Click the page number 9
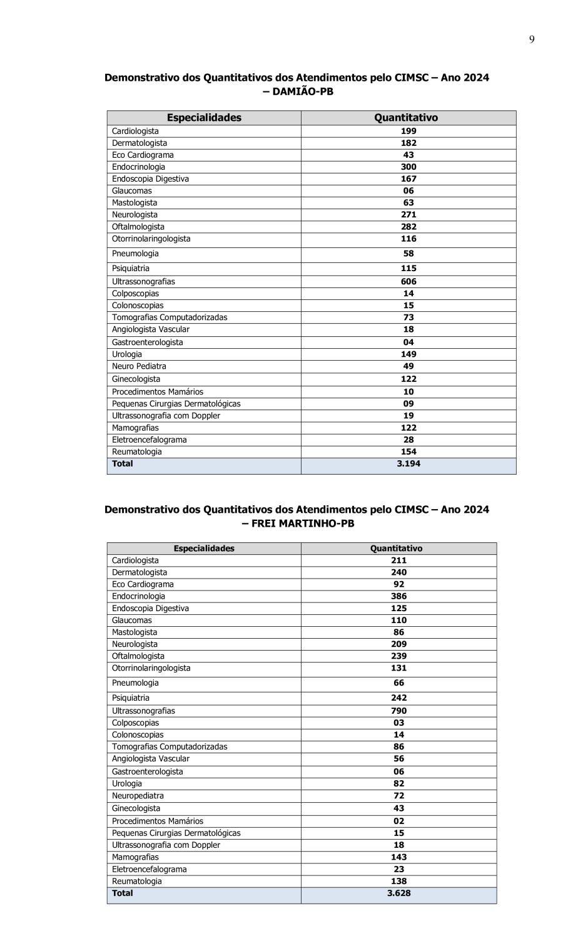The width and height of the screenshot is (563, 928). coord(532,39)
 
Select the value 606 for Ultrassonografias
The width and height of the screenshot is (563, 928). coord(408,282)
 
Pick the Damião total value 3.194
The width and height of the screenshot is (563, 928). coord(408,464)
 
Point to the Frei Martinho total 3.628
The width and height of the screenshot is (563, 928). coord(398,894)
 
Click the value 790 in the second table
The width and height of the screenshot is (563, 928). coord(398,711)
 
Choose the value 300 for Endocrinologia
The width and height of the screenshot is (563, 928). coord(408,167)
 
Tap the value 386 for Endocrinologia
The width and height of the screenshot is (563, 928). coord(398,597)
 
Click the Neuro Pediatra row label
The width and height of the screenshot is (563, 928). coord(139,366)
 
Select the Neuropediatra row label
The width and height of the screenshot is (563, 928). coord(138,796)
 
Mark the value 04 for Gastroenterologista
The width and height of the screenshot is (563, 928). coord(408,343)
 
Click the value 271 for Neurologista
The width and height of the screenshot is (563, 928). coord(408,215)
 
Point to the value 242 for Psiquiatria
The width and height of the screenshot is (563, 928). coord(398,698)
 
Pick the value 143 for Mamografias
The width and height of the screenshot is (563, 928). coord(398,857)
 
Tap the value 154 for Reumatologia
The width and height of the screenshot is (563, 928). coord(408,452)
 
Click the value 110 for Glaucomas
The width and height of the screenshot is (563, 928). coord(398,621)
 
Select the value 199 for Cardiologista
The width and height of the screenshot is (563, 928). coord(408,131)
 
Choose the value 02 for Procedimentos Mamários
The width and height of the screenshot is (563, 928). coord(398,821)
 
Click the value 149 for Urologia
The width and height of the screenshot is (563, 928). coord(408,354)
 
